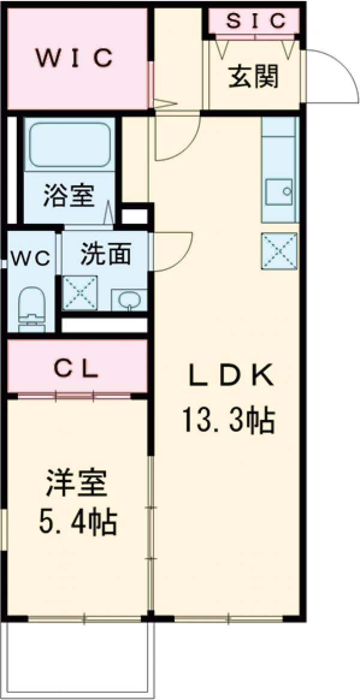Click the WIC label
[x=74, y=58]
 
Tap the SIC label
[x=255, y=21]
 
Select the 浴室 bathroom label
[x=68, y=197]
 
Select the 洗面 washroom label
[x=106, y=255]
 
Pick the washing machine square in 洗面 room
[x=80, y=292]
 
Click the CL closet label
[x=77, y=369]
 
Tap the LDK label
[x=231, y=376]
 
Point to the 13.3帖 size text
[x=228, y=420]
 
